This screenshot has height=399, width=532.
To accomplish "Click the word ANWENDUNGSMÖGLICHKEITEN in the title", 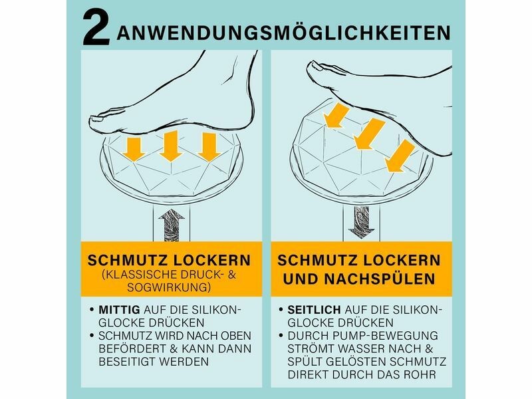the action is pos(284,33).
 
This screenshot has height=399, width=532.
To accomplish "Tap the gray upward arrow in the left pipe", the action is pos(172,225).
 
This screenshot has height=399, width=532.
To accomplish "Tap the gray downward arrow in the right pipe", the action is pos(361,222).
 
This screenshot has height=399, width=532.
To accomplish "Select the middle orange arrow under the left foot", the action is pos(171,146).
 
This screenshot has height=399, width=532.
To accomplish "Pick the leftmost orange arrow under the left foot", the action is pos(135,149).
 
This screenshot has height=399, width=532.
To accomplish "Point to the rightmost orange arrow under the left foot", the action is pos(209,147).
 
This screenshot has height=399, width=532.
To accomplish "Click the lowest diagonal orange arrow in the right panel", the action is pos(400,156).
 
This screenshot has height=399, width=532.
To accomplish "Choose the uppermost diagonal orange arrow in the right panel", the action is pos(336,116).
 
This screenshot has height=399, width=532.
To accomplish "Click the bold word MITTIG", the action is pos(119,309).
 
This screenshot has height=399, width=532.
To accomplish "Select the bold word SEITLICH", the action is pos(314,309).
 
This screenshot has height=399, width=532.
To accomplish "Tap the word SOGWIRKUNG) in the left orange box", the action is pos(169,287).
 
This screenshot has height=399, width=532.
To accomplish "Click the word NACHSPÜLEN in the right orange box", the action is pos(380,279).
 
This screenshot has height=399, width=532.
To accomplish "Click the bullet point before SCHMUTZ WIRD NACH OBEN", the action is pos(92,336).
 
